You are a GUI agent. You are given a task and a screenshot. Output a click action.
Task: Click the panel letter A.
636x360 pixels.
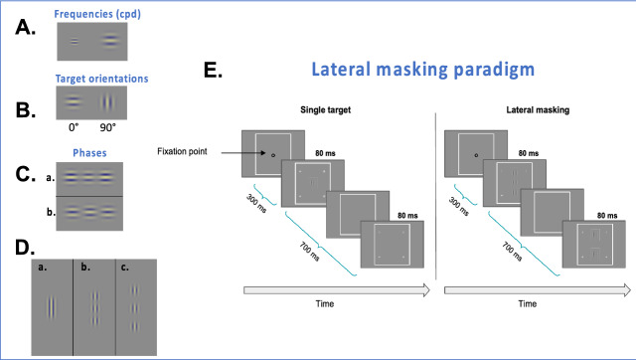click(25, 28)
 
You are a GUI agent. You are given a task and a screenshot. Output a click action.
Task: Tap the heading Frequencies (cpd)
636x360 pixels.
click(97, 14)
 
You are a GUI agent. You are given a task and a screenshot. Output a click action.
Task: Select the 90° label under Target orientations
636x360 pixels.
click(108, 127)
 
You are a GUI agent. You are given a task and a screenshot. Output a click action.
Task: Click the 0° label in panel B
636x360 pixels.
click(74, 127)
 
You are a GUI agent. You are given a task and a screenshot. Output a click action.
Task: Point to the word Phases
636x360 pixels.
click(89, 153)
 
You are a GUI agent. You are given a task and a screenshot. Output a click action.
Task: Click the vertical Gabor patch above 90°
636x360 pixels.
click(107, 102)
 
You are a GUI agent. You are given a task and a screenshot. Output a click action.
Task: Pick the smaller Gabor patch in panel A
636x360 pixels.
click(75, 41)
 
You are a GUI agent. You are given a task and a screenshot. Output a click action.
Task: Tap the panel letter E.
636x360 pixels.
click(213, 70)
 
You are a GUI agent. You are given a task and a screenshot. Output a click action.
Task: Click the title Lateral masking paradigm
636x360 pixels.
click(422, 70)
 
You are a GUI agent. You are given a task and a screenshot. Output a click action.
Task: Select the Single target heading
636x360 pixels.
click(325, 110)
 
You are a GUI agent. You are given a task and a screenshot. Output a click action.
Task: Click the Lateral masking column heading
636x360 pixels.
click(538, 110)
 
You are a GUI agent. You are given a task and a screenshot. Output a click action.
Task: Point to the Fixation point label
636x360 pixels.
click(182, 151)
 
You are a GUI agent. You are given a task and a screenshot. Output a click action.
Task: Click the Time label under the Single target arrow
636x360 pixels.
click(325, 303)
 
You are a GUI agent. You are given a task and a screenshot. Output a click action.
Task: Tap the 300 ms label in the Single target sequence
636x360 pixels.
click(256, 203)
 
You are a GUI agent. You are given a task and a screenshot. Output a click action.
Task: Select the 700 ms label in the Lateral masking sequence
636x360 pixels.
click(512, 252)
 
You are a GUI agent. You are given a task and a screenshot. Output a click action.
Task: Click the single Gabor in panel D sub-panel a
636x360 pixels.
click(51, 307)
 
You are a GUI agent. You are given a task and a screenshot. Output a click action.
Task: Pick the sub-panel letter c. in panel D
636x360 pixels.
click(124, 268)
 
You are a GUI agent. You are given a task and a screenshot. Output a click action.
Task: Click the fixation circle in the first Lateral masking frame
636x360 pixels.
click(476, 155)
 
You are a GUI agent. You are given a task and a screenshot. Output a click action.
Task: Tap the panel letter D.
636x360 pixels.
click(25, 248)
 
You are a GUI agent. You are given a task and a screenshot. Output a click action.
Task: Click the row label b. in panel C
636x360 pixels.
click(51, 212)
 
